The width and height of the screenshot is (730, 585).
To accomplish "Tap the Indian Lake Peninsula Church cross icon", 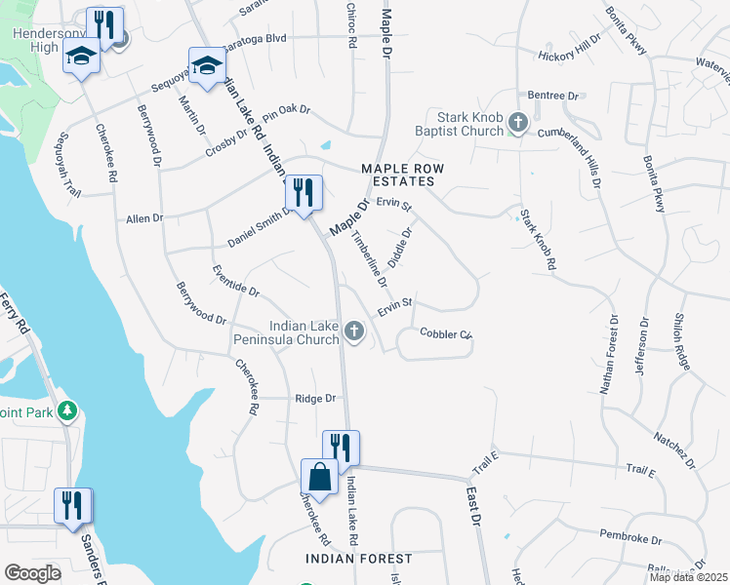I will [354, 334].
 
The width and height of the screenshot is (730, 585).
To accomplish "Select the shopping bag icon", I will [319, 477].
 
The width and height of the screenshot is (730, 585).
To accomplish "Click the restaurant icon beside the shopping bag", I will [341, 448].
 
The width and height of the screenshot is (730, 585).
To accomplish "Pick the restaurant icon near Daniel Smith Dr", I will [304, 192].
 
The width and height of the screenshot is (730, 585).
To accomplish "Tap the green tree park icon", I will [67, 410].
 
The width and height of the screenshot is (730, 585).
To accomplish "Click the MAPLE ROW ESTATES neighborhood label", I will [402, 175].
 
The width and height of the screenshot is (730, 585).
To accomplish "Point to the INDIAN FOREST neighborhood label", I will [358, 559].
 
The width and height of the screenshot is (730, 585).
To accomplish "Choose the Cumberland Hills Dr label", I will [588, 149].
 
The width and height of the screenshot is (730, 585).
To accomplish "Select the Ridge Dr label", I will [315, 399].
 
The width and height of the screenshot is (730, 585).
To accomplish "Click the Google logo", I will [32, 572].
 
